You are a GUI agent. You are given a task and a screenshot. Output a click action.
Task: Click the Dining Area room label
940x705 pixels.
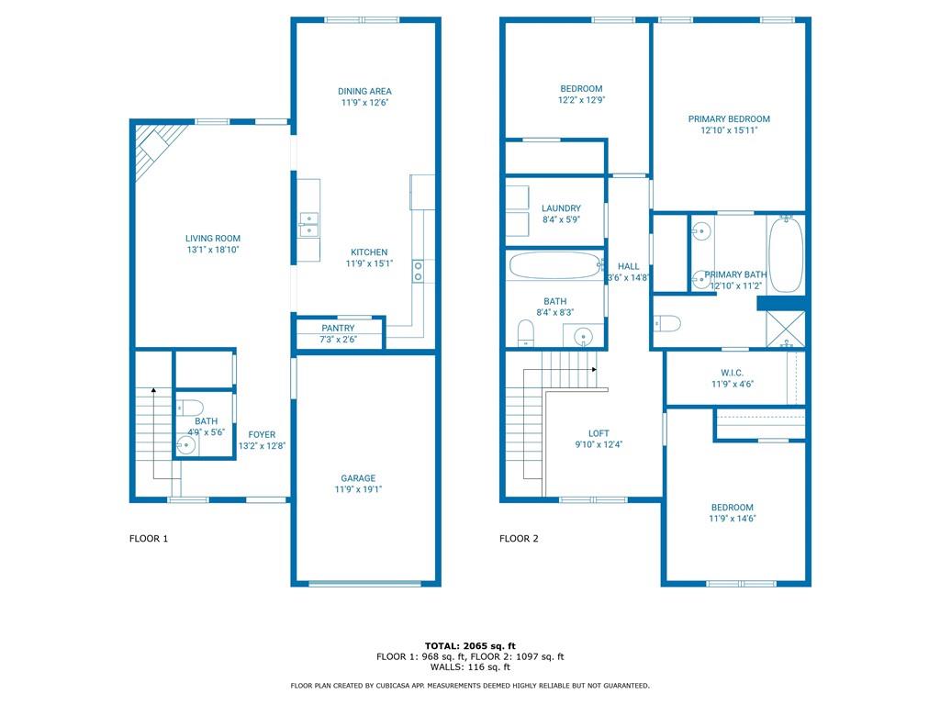364,91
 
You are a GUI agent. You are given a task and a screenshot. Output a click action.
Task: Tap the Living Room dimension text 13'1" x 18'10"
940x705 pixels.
213,250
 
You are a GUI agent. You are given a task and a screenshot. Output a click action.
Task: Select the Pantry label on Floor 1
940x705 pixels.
338,328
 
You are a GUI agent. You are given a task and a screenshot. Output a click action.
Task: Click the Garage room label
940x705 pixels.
359,477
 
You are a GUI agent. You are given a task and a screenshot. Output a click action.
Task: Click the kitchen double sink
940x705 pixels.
308,225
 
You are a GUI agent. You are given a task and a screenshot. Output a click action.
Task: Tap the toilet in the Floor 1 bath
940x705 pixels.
190,408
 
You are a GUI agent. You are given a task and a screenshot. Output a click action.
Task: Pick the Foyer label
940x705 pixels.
262,434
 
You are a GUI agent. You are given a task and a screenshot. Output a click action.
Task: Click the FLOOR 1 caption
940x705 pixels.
149,538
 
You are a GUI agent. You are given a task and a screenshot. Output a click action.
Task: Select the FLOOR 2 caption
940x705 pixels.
519,538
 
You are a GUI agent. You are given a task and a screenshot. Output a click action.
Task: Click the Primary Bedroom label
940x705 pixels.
729,118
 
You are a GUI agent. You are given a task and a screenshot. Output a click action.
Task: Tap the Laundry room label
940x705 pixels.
561,208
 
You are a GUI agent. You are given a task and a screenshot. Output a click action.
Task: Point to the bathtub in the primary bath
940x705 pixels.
786,255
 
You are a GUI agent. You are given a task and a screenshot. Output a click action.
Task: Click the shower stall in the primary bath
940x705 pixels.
786,329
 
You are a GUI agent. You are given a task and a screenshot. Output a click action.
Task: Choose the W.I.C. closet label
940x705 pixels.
732,373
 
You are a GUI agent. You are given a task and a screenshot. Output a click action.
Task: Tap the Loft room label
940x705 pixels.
599,433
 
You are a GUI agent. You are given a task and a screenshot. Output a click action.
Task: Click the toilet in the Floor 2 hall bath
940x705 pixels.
526,332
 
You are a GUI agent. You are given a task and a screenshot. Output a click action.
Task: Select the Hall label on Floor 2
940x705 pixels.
628,266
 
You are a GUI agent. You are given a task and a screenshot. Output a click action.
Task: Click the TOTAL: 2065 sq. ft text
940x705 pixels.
470,645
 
